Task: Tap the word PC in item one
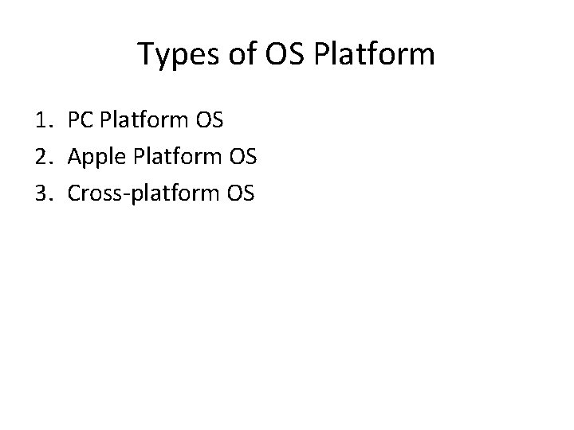pyautogui.click(x=81, y=121)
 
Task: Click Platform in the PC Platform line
pyautogui.click(x=147, y=121)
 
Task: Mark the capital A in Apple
pyautogui.click(x=76, y=156)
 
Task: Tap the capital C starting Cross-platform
pyautogui.click(x=75, y=192)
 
